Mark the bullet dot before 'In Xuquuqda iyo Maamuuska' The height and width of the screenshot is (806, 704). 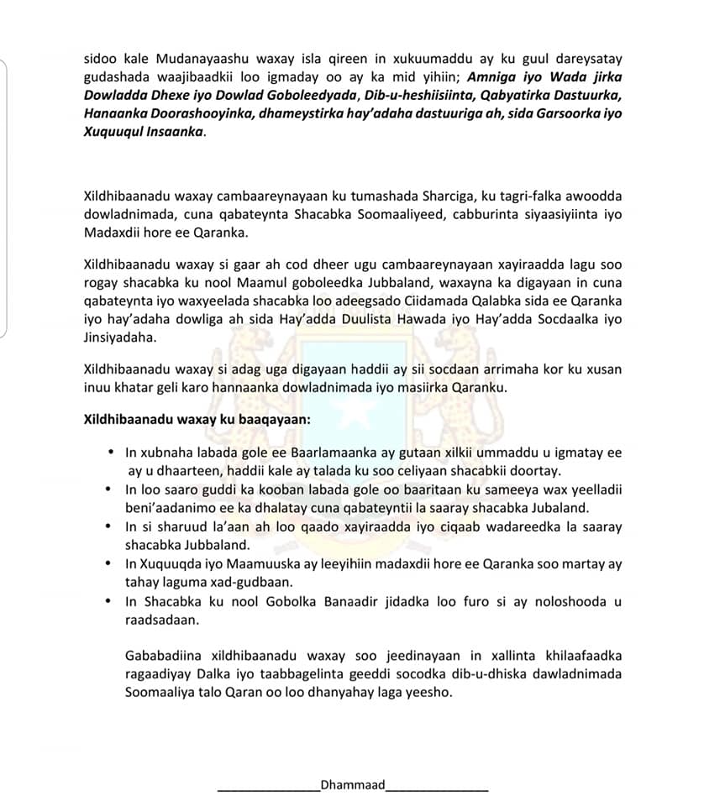coord(108,563)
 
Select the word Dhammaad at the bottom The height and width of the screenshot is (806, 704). coord(352,786)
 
